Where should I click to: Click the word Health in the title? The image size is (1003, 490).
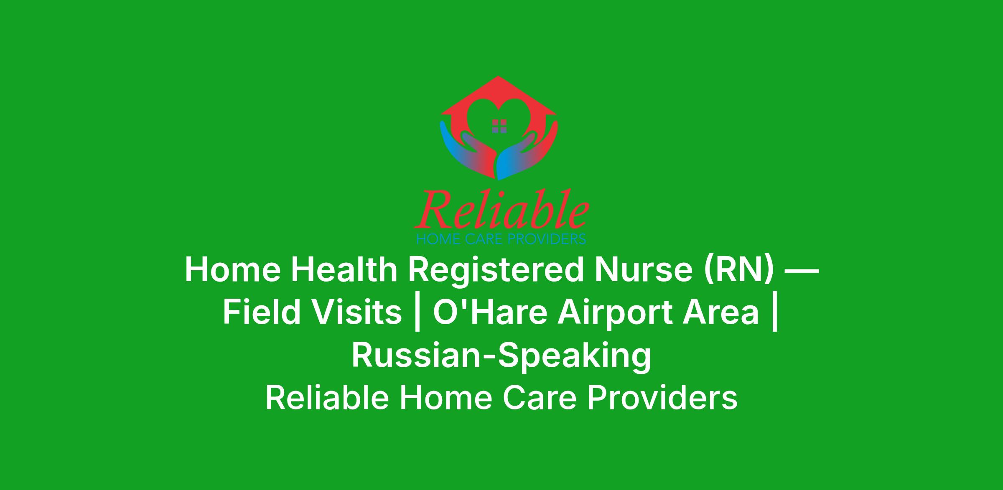344,270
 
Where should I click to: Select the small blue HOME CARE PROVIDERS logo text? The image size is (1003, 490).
501,239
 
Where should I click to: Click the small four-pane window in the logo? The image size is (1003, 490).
499,126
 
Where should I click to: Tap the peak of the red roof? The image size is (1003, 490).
498,77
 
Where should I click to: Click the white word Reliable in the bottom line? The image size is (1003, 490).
327,398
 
